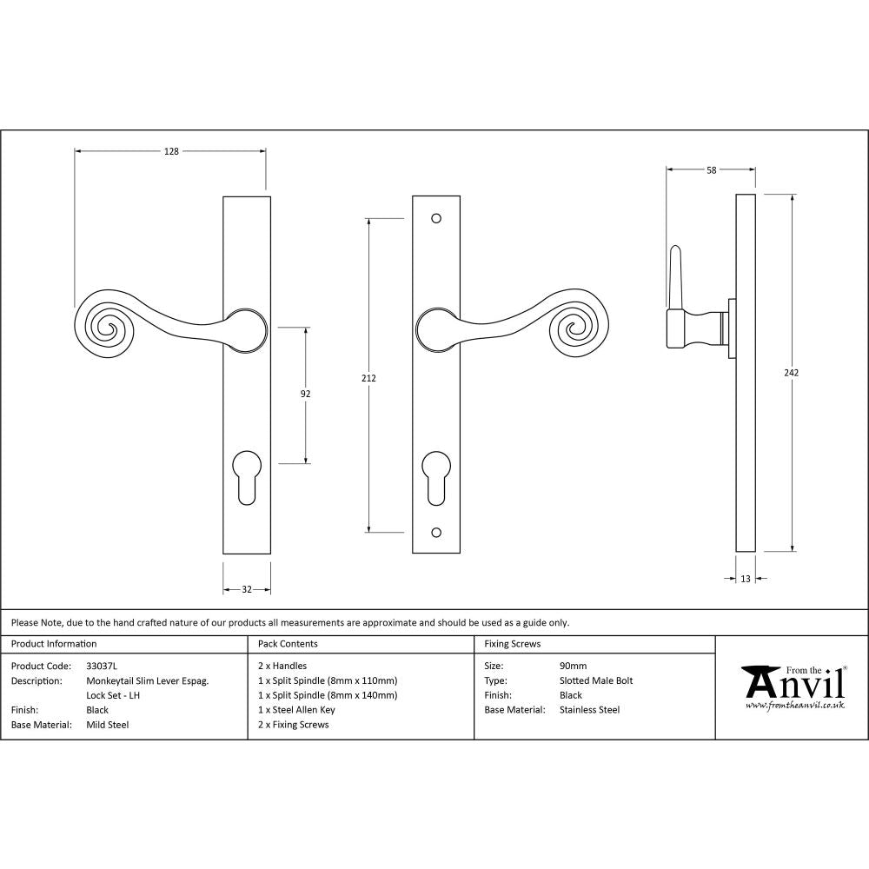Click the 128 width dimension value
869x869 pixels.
(171, 151)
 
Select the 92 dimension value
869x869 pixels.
(305, 394)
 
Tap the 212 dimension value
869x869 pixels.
(369, 378)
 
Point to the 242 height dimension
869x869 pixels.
(791, 373)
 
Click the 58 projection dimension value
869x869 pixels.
(712, 170)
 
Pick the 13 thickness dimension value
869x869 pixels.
(746, 579)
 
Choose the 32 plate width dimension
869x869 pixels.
(247, 589)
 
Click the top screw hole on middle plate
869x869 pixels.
(435, 219)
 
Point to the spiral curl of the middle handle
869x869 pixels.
(573, 326)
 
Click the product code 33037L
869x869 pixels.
(102, 667)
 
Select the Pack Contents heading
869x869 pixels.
(288, 644)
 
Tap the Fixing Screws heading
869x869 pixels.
(512, 644)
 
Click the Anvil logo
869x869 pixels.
(793, 687)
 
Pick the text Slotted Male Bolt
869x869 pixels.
(596, 681)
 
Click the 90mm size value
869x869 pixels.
(574, 667)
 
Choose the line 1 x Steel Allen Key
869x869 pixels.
(296, 710)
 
